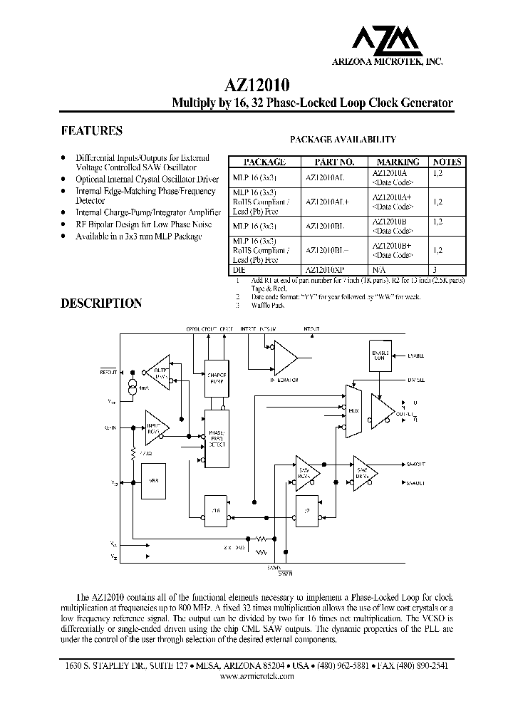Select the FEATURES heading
point(91,131)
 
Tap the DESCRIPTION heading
point(101,304)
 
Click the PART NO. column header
point(329,162)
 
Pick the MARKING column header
point(398,162)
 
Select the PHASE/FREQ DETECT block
point(216,439)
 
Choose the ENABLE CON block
point(379,354)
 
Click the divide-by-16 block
point(216,509)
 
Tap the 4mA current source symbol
point(131,387)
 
